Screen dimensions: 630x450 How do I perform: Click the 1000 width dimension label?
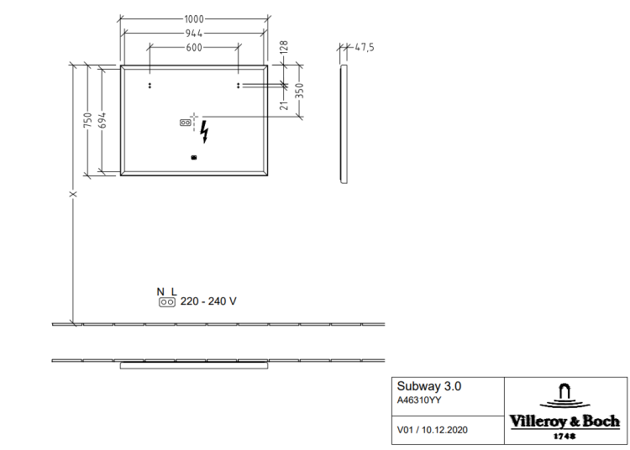tap(194, 18)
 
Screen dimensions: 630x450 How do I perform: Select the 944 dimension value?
tap(194, 33)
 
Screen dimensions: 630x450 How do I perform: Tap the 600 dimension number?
tap(194, 47)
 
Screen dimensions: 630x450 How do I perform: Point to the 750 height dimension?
tap(87, 120)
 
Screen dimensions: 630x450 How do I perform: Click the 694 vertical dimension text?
tap(102, 120)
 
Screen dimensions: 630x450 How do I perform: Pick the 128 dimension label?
tap(284, 47)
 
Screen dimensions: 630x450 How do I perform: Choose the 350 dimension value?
tap(299, 91)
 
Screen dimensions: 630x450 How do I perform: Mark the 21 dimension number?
tap(284, 105)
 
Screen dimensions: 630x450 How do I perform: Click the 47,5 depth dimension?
tap(365, 47)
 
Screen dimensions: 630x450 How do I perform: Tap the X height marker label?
tap(73, 194)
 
